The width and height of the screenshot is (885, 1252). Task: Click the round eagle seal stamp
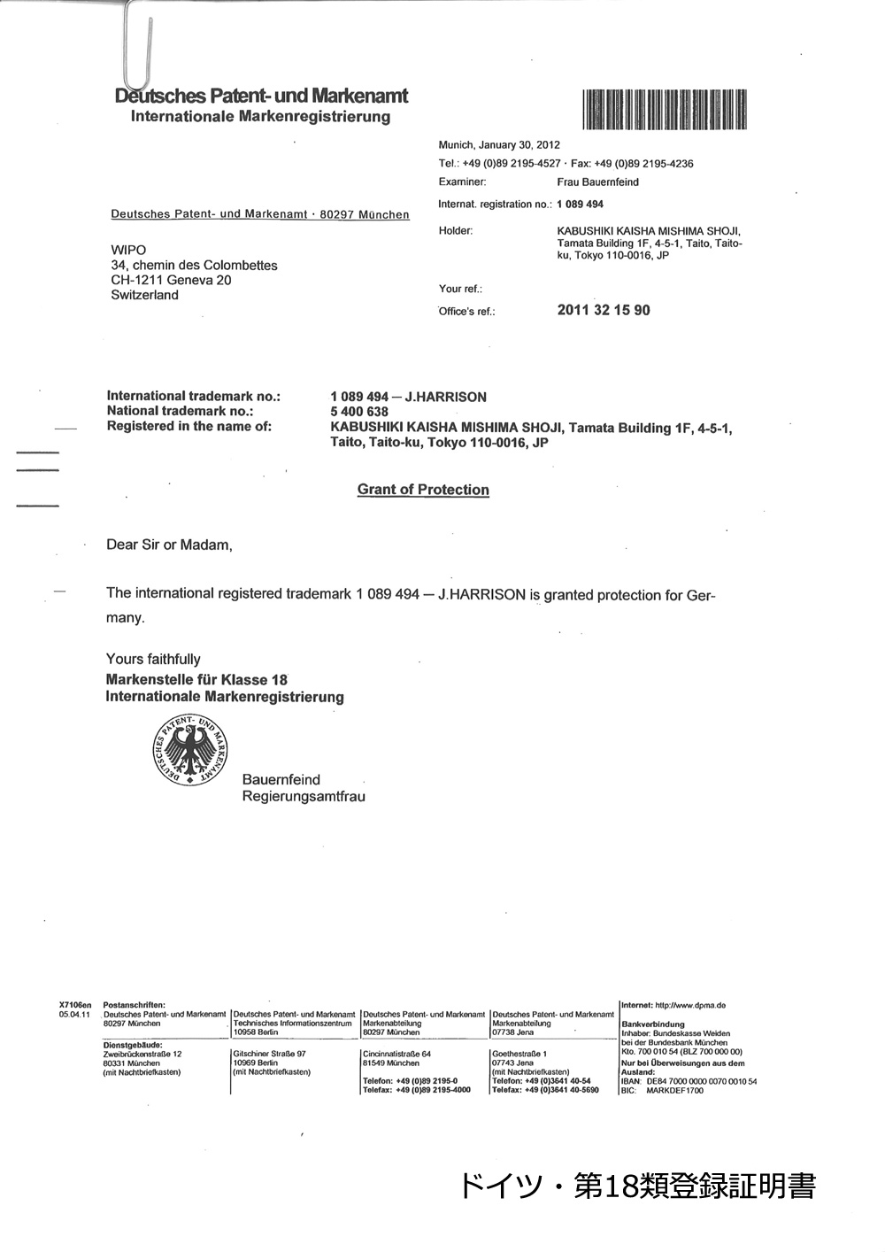point(191,748)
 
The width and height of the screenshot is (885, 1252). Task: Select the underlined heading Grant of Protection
point(423,490)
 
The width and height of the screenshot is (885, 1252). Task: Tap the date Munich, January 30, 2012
point(499,144)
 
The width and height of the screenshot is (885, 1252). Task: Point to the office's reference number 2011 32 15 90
point(604,310)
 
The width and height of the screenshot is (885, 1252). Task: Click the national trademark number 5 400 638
point(359,412)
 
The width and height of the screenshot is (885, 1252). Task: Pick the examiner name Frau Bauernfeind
point(597,182)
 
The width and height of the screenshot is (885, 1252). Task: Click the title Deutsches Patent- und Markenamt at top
point(262,96)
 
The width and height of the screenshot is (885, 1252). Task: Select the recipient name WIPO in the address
point(128,250)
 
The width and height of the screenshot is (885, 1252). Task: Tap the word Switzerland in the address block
point(144,295)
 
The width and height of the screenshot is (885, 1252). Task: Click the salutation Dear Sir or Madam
point(169,545)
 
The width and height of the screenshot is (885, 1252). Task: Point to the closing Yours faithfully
point(153,659)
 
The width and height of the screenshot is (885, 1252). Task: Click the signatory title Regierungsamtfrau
point(304,796)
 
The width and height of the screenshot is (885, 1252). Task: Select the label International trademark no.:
point(193,396)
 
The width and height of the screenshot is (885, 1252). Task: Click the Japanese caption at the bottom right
point(637,1186)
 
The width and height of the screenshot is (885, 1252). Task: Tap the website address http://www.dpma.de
point(690,1005)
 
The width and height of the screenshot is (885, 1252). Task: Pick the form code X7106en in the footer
point(74,1005)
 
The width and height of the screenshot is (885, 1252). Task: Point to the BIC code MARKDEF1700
point(675,1091)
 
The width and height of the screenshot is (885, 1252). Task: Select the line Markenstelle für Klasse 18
point(196,680)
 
